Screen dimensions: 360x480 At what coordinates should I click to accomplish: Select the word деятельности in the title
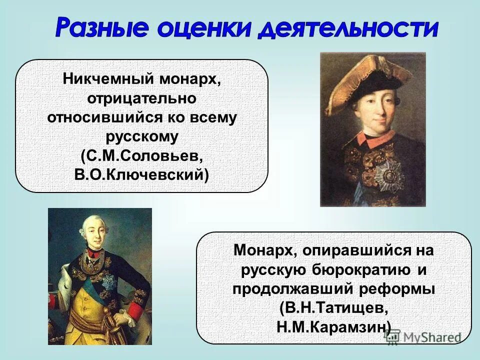click(348, 29)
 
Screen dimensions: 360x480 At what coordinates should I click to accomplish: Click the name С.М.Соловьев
click(141, 155)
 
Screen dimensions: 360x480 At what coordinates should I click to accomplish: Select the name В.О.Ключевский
click(141, 174)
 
